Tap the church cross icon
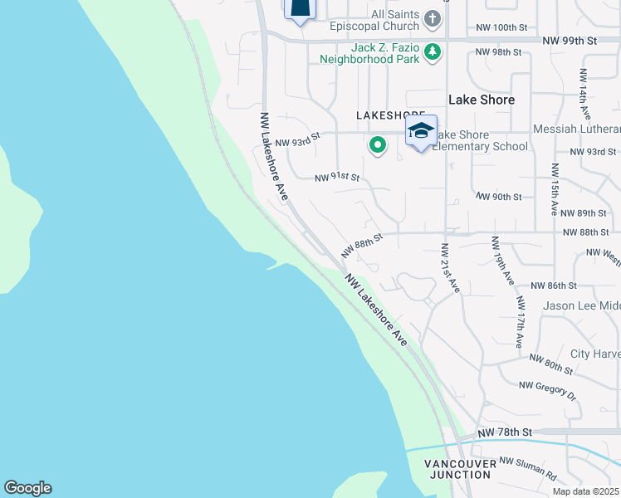tap(433, 18)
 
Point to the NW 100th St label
tap(502, 28)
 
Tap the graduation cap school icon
tap(421, 131)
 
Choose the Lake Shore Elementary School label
tap(480, 141)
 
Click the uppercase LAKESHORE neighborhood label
tap(390, 115)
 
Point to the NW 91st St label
tap(337, 178)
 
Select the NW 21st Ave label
tap(450, 267)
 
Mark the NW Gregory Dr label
tap(548, 389)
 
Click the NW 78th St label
tap(504, 432)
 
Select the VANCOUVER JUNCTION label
tap(457, 469)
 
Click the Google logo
tap(27, 488)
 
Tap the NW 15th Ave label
tap(554, 188)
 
